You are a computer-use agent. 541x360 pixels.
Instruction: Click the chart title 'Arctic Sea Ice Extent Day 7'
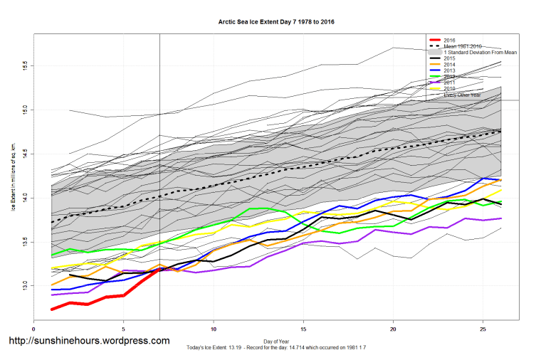(x=276, y=22)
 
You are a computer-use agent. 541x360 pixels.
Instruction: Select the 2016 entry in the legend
(x=449, y=40)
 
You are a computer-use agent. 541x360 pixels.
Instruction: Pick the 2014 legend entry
(x=449, y=65)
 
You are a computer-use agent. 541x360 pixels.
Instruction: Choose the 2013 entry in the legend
(x=449, y=71)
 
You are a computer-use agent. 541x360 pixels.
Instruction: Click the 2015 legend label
(x=449, y=58)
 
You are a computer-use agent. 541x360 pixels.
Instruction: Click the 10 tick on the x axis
(x=214, y=329)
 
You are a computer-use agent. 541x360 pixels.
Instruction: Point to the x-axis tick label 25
(x=483, y=329)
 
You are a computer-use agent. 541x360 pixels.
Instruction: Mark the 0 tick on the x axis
(x=33, y=329)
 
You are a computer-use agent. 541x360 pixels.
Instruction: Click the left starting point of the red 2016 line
(x=52, y=309)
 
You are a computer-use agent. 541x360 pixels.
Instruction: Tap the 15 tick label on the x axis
(x=303, y=329)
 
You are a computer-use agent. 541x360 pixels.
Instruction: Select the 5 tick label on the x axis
(x=124, y=329)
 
